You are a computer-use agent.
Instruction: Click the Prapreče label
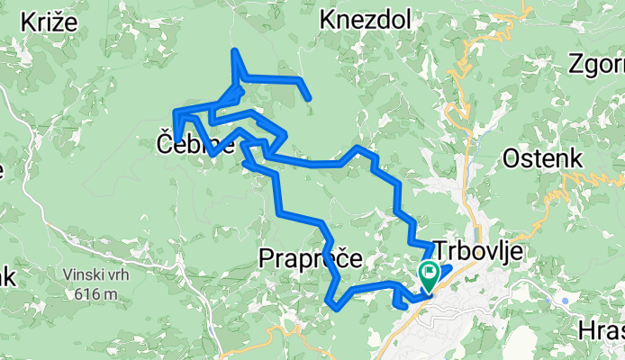[x=310, y=259]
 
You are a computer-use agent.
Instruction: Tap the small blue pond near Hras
[x=564, y=301]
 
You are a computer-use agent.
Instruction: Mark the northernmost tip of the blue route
[x=234, y=49]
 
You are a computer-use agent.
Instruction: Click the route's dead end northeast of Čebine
[x=309, y=97]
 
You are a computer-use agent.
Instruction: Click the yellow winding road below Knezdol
[x=464, y=81]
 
